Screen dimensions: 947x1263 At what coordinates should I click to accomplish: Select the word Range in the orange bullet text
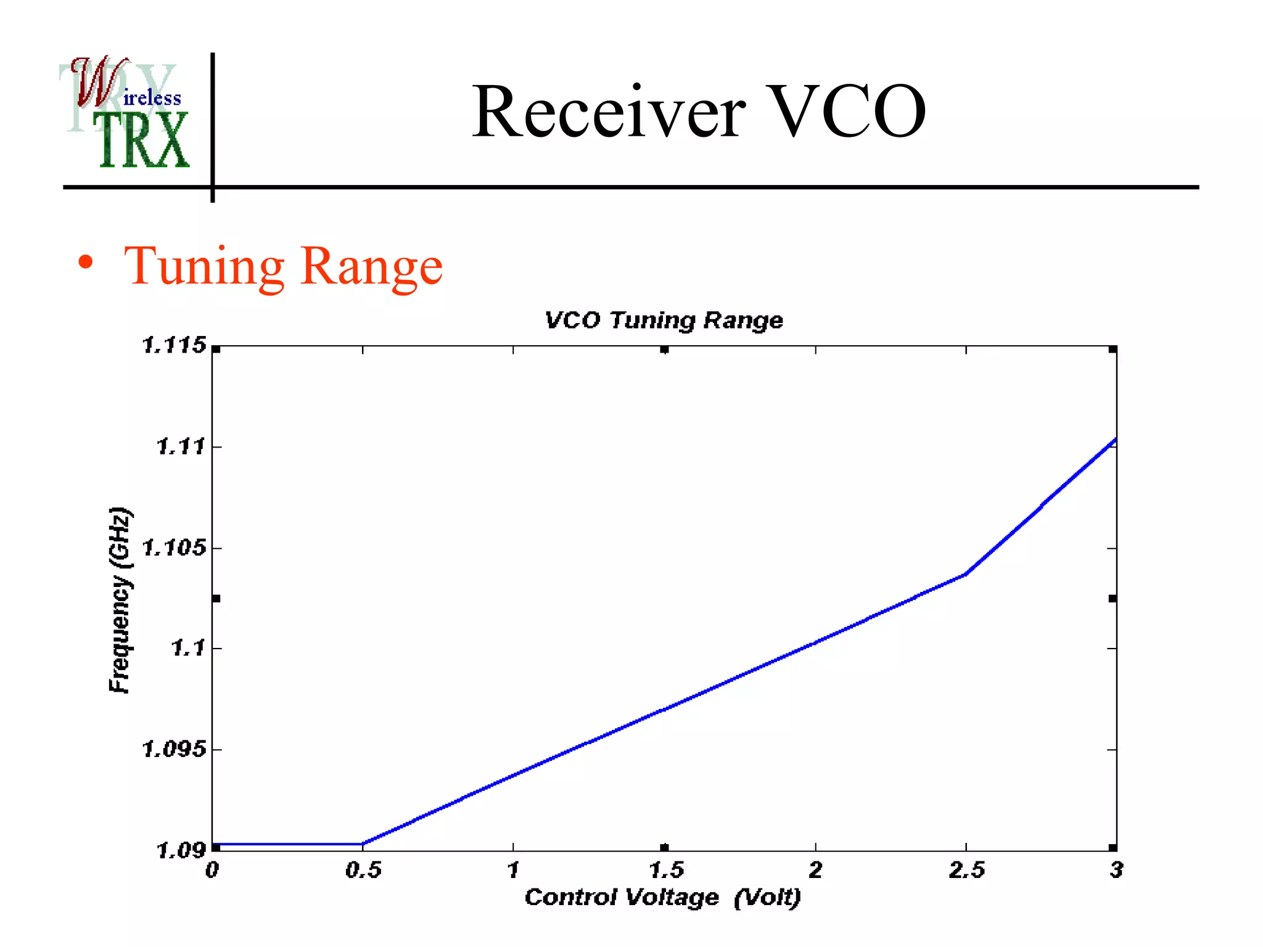(x=372, y=266)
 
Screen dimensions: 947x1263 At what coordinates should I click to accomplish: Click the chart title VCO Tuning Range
(x=664, y=320)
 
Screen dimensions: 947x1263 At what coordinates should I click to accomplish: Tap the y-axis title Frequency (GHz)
(x=120, y=599)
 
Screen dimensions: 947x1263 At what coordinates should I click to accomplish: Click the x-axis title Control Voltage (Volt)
(x=662, y=897)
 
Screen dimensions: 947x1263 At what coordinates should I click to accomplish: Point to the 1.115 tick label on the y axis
(x=174, y=345)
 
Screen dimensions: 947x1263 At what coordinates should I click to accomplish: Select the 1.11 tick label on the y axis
(x=181, y=446)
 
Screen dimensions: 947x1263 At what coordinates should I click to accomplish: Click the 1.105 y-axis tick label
(x=174, y=547)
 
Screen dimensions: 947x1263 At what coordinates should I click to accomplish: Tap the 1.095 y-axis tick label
(x=174, y=749)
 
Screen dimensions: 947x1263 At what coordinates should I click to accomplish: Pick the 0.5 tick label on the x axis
(x=363, y=870)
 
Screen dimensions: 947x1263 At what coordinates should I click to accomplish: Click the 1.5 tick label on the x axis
(x=666, y=870)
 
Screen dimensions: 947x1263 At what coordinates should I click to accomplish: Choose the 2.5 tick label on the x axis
(x=966, y=870)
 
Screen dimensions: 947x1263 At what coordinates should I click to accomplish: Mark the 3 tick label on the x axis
(x=1116, y=870)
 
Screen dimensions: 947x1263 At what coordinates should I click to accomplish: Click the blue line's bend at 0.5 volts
(x=363, y=843)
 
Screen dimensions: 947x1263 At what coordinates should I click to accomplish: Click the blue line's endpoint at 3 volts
(x=1115, y=440)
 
